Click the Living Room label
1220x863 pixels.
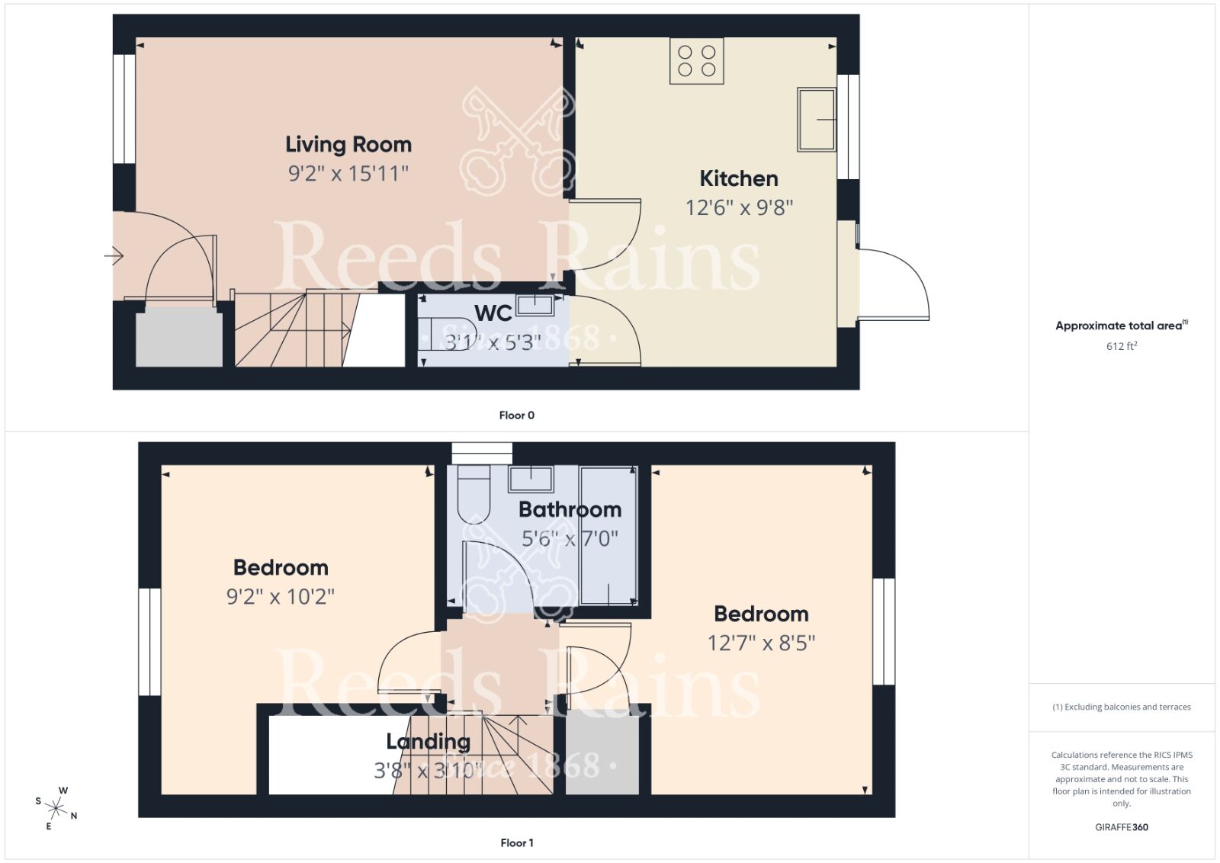pos(348,144)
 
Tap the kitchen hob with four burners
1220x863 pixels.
pos(696,61)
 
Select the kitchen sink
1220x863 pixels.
pos(817,119)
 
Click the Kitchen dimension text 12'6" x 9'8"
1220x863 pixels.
pos(739,207)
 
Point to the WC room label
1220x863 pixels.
pos(493,313)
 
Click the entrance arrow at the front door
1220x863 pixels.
pos(114,255)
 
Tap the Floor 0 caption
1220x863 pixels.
pos(516,415)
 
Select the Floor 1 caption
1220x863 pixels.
pos(516,842)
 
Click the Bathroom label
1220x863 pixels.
pos(570,509)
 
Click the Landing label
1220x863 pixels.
pos(428,741)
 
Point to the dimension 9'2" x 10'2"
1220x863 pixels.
pos(281,596)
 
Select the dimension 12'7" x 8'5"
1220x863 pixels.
pos(761,643)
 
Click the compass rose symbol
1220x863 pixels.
pos(56,807)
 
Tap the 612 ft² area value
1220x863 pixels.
pos(1122,346)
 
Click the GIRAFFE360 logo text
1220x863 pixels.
pos(1122,827)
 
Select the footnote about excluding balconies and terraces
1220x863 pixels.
pos(1122,707)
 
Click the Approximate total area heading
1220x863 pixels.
pos(1119,326)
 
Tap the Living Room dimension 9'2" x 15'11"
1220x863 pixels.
pos(348,174)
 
